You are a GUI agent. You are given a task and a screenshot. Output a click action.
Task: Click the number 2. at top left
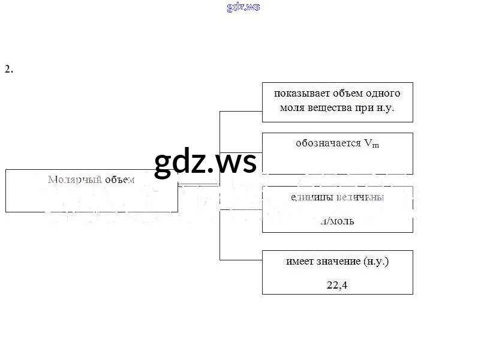(8, 69)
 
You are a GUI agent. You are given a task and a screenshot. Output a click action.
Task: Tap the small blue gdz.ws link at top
(243, 7)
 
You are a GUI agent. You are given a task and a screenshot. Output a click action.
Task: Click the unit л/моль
(337, 220)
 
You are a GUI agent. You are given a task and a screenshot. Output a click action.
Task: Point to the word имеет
(298, 261)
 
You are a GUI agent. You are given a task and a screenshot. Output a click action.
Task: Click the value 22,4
(337, 285)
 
